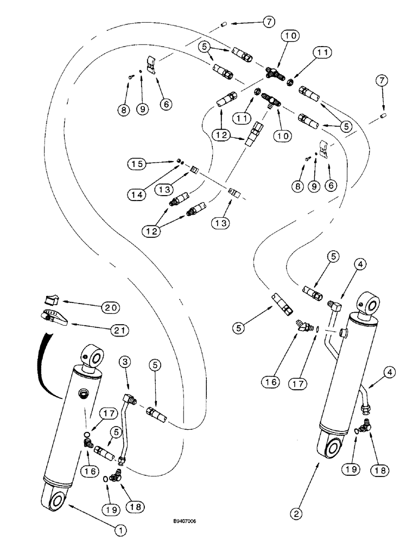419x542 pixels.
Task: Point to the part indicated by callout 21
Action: pyautogui.click(x=52, y=316)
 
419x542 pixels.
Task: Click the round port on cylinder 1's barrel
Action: pyautogui.click(x=84, y=393)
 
